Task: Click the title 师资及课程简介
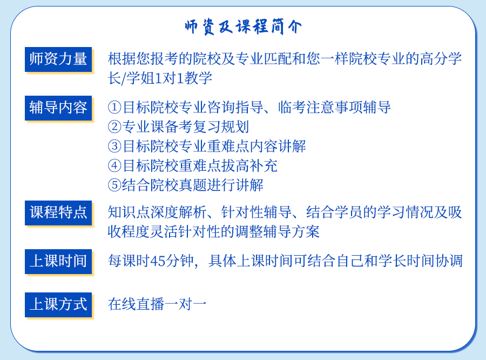coord(243,26)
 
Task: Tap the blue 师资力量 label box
coord(58,59)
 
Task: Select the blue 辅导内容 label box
coord(58,108)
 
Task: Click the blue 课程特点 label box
coord(58,213)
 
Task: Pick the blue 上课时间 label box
coord(58,262)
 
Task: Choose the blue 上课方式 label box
coord(58,305)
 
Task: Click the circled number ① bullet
coord(114,108)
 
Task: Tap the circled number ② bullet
coord(114,126)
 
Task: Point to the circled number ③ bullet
coord(114,146)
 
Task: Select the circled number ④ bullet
coord(114,166)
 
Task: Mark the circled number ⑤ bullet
coord(114,185)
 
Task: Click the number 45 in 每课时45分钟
coord(158,261)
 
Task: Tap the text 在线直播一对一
coord(157,304)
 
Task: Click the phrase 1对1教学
coord(183,78)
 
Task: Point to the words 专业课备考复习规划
coord(185,126)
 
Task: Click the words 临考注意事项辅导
coord(334,107)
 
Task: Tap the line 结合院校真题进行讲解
coord(192,185)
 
